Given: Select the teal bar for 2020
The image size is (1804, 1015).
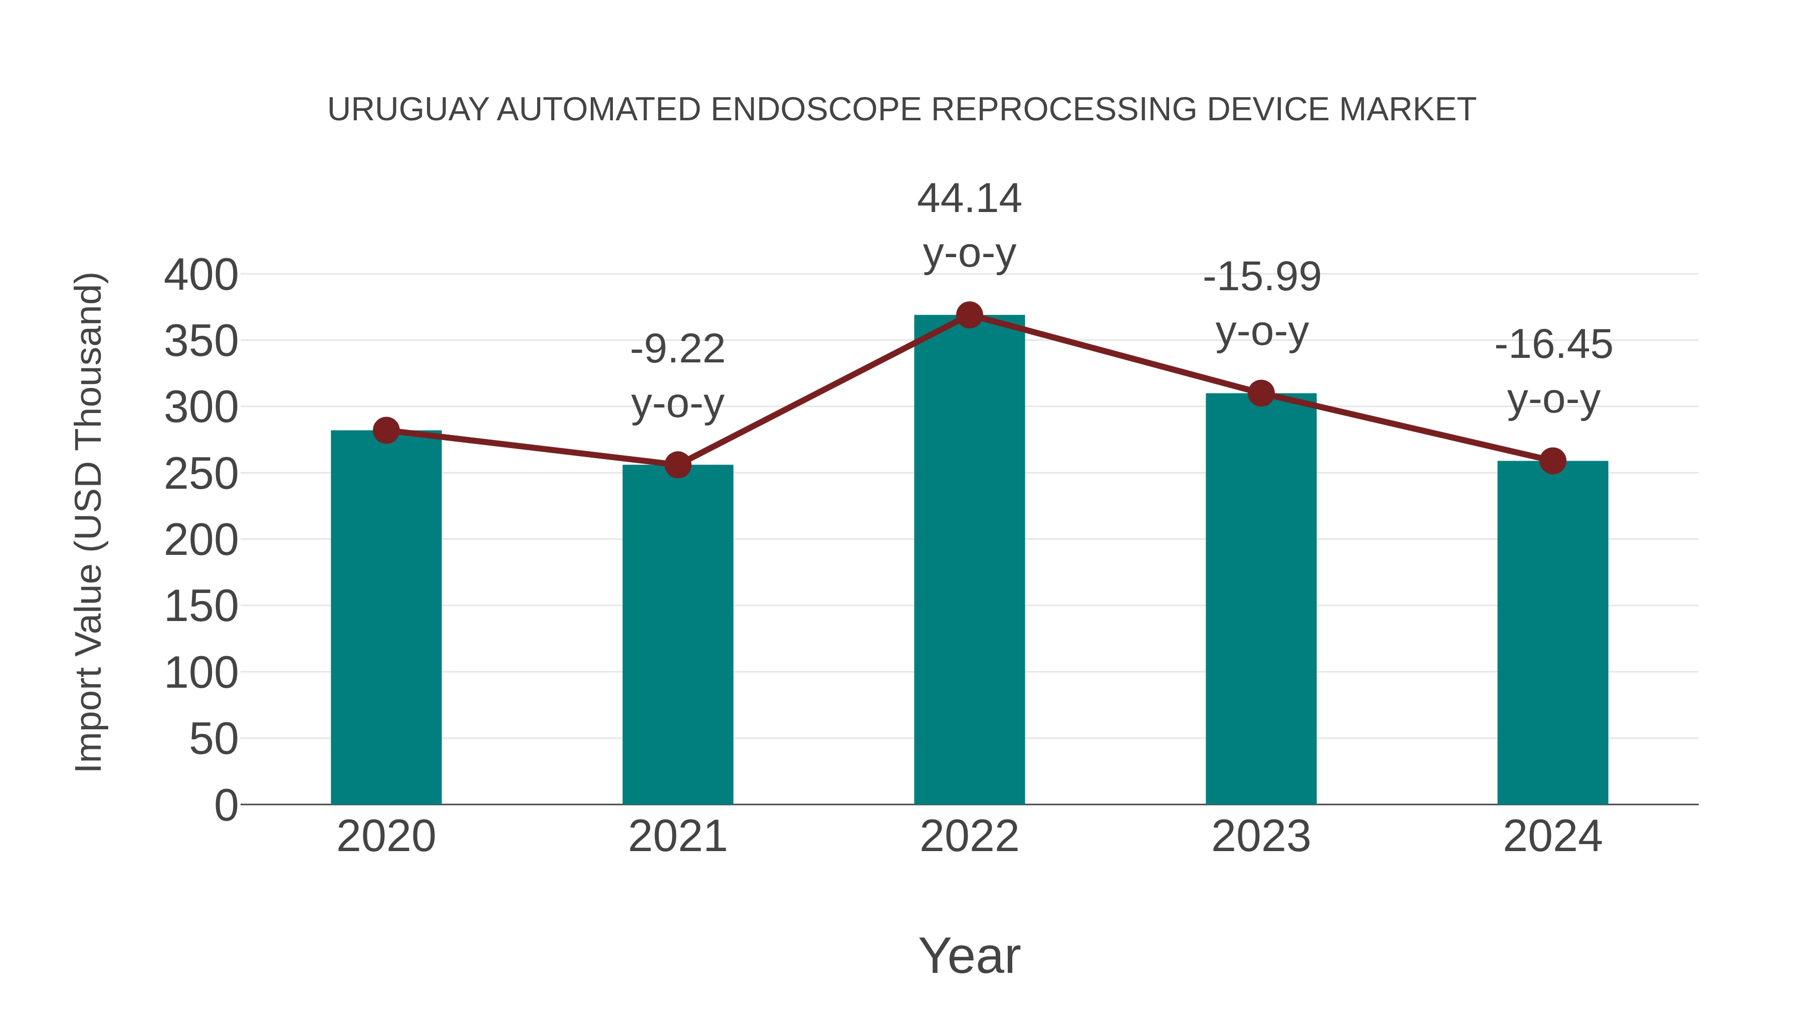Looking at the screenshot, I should tap(386, 617).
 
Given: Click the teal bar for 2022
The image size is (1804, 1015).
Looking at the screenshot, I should tap(969, 560).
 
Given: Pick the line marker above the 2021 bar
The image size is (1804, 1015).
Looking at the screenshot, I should tap(677, 465).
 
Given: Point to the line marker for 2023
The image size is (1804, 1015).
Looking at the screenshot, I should tap(1261, 393).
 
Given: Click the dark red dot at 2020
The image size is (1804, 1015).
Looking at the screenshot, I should tap(386, 430).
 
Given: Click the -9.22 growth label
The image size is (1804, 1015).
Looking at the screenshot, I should tap(677, 349).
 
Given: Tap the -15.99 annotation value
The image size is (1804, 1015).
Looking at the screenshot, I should tap(1262, 277).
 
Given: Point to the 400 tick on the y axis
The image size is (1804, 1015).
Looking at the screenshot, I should tap(201, 275).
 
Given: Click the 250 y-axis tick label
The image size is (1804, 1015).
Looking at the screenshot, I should tap(201, 474).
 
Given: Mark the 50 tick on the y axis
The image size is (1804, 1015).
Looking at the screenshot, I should tap(213, 739).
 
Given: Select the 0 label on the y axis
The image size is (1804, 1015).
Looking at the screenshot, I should tap(226, 805).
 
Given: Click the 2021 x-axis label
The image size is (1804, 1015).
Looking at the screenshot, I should tap(677, 837).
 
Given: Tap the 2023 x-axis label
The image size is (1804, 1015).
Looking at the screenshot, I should tap(1261, 837).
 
